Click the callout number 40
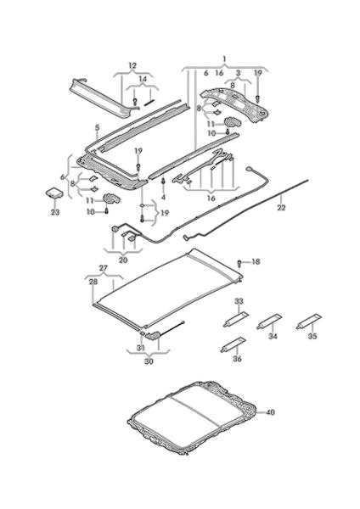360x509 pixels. click(270, 412)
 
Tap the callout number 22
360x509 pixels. click(281, 207)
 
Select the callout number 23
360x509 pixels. click(55, 212)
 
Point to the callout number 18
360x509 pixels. click(256, 261)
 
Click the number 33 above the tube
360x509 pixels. click(239, 301)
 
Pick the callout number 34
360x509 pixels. click(273, 336)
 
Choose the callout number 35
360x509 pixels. click(312, 336)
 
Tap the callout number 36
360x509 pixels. click(238, 359)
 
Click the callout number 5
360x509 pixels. click(97, 128)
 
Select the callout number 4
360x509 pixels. click(163, 197)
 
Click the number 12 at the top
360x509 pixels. click(132, 65)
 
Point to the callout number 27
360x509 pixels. click(103, 268)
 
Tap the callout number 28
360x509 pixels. click(93, 282)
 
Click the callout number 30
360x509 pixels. click(149, 361)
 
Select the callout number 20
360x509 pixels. click(123, 260)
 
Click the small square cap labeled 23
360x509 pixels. click(54, 193)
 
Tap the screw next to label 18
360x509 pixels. click(240, 263)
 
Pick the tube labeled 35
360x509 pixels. click(309, 322)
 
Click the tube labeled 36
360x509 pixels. click(233, 344)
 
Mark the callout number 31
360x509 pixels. click(140, 348)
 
